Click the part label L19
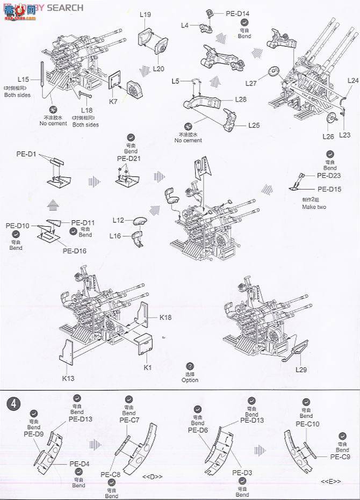(x=145, y=15)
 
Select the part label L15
(x=23, y=79)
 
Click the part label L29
(x=301, y=369)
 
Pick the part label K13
(x=68, y=378)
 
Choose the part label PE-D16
(x=75, y=251)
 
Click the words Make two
(x=314, y=207)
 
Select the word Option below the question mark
(x=190, y=380)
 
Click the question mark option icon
(x=190, y=366)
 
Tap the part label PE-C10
(x=307, y=424)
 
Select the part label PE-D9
(x=33, y=434)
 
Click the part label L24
(x=352, y=81)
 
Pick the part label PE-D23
(x=328, y=175)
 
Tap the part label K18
(x=165, y=318)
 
